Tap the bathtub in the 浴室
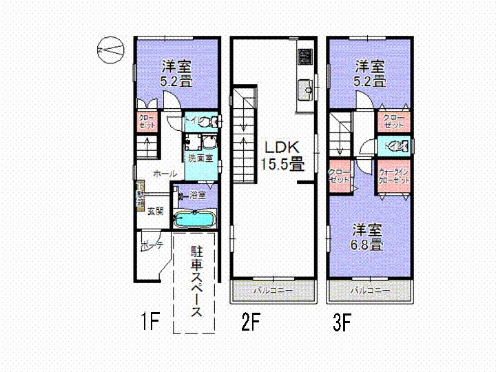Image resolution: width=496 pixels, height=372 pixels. point(195,220)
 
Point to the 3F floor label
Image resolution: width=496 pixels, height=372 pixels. point(342,321)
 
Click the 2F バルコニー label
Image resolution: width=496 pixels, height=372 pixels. point(273,291)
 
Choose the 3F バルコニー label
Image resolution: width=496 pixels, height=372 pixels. point(371,291)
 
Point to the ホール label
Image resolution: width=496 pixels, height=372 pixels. point(165,174)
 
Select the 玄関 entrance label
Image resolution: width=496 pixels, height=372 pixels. point(155,211)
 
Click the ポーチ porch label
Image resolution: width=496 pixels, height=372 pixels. point(151,245)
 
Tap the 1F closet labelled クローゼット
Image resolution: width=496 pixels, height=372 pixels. point(147,122)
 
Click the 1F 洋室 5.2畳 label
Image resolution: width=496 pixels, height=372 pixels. point(177,73)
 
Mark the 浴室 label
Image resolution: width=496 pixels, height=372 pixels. point(198,195)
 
